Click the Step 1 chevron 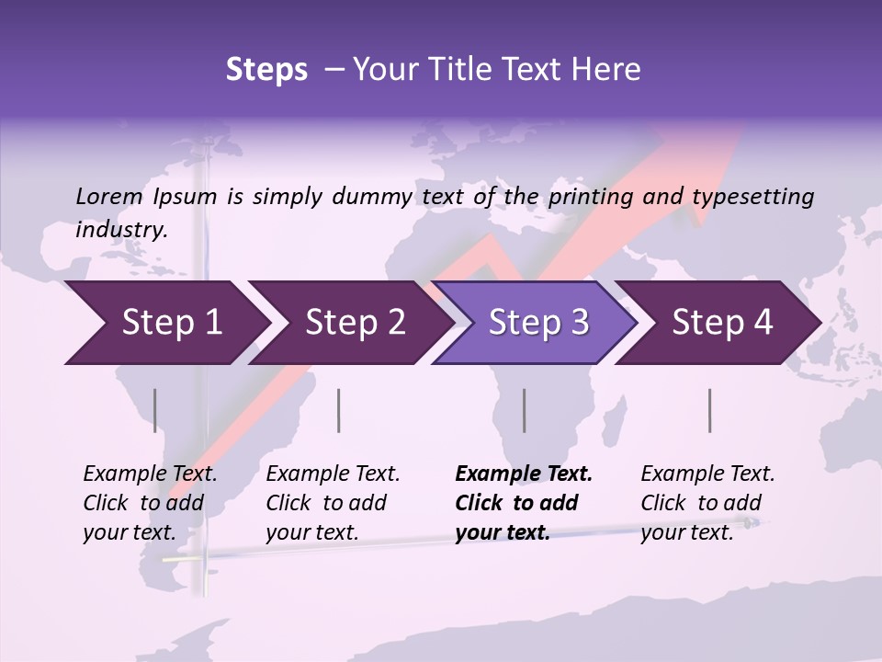click(x=165, y=323)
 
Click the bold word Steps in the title click(x=266, y=69)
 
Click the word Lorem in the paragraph click(x=109, y=196)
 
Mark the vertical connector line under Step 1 click(x=155, y=410)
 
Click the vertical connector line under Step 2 click(x=339, y=410)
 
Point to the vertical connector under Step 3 click(x=525, y=410)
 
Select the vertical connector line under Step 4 click(x=710, y=410)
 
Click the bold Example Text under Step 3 click(x=524, y=474)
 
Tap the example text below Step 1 click(x=150, y=503)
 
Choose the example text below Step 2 click(x=333, y=503)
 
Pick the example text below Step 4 click(x=707, y=503)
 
